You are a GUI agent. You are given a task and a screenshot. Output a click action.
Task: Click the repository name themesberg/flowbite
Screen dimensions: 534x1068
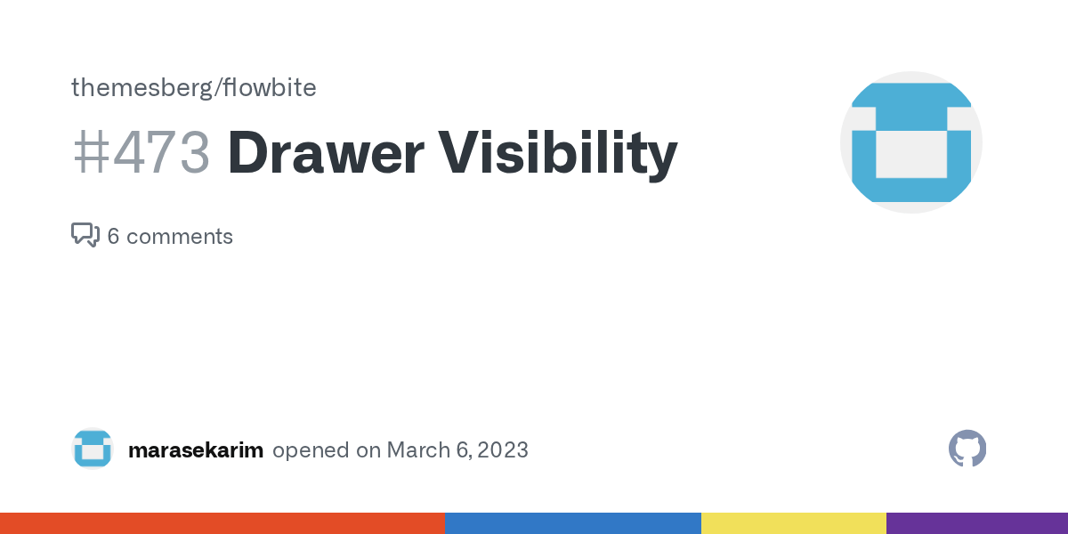coord(193,88)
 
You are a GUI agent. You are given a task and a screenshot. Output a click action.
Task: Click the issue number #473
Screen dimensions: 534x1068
coord(141,153)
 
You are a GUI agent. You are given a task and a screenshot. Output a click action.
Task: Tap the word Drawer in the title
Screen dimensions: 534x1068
coord(325,153)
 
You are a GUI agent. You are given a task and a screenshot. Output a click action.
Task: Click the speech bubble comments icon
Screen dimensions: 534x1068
coord(85,235)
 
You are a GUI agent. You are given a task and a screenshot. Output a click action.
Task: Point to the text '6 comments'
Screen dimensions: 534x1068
coord(170,237)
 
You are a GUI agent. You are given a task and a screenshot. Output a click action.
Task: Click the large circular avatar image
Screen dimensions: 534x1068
coord(910,142)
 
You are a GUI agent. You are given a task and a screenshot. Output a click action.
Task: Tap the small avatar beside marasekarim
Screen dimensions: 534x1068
coord(93,449)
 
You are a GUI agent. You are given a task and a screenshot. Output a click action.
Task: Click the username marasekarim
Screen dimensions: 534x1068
coord(196,450)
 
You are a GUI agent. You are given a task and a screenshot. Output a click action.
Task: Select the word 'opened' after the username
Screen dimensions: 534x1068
coord(311,450)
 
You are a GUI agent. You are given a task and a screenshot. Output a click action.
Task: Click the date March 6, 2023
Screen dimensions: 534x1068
coord(458,450)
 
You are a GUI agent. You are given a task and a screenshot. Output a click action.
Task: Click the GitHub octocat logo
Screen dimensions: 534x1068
coord(967,449)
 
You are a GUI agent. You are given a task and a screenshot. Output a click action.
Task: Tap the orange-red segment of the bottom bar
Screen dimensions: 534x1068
coord(222,523)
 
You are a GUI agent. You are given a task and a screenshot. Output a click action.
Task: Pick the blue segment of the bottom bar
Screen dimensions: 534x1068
coord(572,523)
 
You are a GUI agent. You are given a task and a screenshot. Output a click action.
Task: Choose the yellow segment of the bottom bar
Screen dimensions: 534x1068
coord(793,523)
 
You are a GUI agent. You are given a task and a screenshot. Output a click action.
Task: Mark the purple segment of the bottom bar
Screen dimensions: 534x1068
coord(976,523)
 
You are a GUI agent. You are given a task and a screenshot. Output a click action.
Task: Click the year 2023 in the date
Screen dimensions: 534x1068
coord(503,450)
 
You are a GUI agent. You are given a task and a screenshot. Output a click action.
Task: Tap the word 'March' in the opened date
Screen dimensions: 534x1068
coord(418,450)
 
